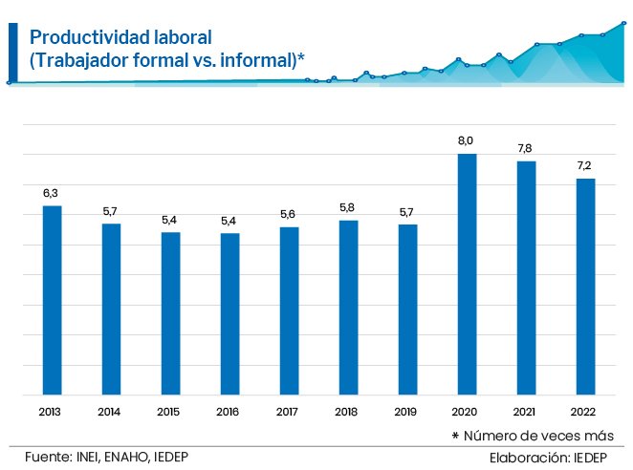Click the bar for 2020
pyautogui.click(x=467, y=274)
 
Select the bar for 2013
pyautogui.click(x=52, y=300)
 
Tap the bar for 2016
pyautogui.click(x=229, y=313)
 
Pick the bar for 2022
pyautogui.click(x=585, y=287)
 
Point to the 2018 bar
pyautogui.click(x=348, y=308)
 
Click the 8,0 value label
pyautogui.click(x=467, y=141)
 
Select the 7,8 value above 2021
pyautogui.click(x=526, y=148)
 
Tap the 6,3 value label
pyautogui.click(x=52, y=193)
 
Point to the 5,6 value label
pyautogui.click(x=289, y=214)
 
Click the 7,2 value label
pyautogui.click(x=585, y=165)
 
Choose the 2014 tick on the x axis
pyautogui.click(x=111, y=412)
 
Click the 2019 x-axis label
pyautogui.click(x=407, y=412)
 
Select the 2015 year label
pyautogui.click(x=170, y=412)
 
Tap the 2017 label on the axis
pyautogui.click(x=289, y=412)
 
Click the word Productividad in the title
pyautogui.click(x=81, y=37)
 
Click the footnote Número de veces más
pyautogui.click(x=543, y=436)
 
